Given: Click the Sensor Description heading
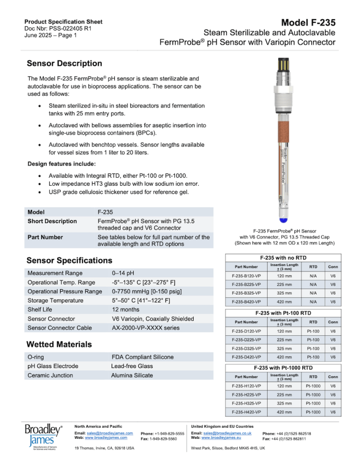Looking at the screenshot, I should click(x=64, y=63).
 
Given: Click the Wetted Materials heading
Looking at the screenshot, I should click(x=59, y=344).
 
